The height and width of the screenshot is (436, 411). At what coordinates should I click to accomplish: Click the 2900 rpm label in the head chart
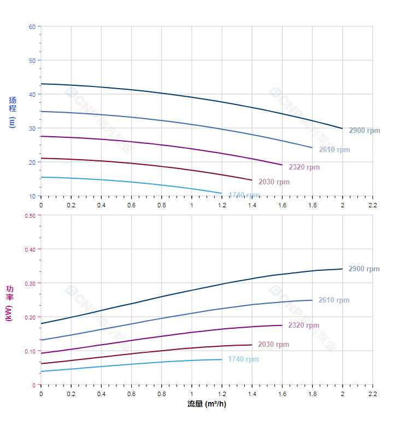coord(364,131)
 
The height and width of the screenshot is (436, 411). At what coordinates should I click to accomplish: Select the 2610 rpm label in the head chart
coord(334,150)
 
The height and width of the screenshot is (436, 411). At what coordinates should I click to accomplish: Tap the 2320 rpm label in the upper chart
coord(304,167)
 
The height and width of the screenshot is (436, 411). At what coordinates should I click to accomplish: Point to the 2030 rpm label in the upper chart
coord(274,182)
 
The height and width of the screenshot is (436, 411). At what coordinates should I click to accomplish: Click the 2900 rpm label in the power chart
coord(364,269)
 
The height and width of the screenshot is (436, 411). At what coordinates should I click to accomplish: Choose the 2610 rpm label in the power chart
coord(334,300)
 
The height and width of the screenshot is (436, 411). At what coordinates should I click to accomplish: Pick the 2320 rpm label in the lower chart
coord(304,325)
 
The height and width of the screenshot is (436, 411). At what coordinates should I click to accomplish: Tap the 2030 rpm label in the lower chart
coord(274,345)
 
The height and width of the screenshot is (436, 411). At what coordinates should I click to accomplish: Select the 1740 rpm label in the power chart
coord(244,359)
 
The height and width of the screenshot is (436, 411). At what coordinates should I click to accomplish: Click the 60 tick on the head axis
coord(32,27)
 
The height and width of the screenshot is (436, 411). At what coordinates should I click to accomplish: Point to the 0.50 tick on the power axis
coord(30,216)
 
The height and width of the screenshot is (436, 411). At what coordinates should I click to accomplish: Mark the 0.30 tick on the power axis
coord(30,283)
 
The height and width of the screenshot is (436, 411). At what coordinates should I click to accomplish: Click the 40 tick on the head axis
coord(32,95)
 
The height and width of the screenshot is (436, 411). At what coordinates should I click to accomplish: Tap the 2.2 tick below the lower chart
coord(372,393)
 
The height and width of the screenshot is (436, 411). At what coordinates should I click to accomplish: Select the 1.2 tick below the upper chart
coord(221,205)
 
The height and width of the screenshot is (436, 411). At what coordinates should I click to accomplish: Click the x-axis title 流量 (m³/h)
coord(207,404)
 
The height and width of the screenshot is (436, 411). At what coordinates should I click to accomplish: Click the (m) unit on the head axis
coord(12,122)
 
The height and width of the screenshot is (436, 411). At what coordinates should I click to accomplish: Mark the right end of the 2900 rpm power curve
coord(342,269)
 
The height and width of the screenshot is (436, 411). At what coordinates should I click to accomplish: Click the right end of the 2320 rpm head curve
coord(282,165)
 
